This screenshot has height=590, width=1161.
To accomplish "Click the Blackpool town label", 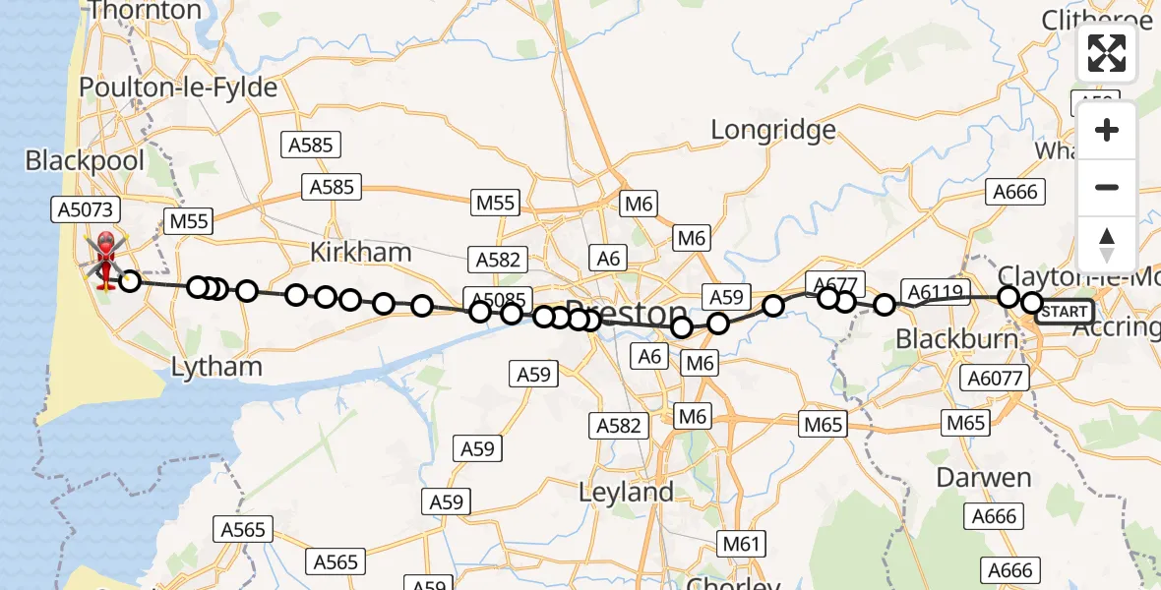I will [85, 161].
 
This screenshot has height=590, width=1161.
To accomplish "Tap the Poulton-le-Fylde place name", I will [177, 88].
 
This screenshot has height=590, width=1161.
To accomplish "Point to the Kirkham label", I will [360, 252].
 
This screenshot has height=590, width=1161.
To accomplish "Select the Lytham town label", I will [216, 367].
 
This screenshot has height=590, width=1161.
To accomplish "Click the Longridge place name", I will [773, 130].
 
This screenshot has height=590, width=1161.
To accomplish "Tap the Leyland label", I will [627, 492].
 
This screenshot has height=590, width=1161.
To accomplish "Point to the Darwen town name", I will [983, 478].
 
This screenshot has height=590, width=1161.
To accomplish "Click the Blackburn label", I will [955, 339].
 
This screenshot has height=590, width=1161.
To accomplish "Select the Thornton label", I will [145, 12].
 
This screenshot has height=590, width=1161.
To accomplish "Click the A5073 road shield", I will [85, 208].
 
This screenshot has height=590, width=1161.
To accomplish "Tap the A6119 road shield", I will [934, 292].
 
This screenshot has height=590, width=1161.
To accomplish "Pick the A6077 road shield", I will [997, 378].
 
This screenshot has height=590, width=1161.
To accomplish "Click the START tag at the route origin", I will [1065, 312].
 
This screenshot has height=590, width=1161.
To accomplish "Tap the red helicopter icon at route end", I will [105, 259].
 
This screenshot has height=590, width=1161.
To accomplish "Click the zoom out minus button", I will [1107, 187].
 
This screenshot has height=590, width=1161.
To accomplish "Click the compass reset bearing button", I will [1107, 243].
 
